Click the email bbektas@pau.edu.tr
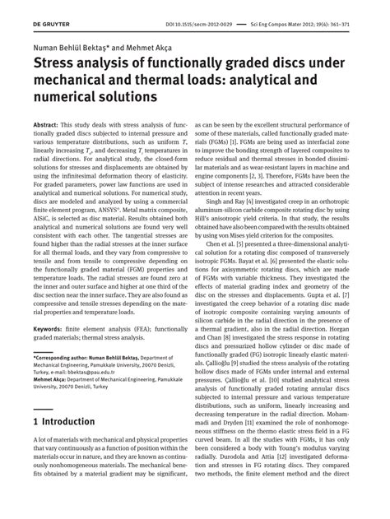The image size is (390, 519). (95, 371)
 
